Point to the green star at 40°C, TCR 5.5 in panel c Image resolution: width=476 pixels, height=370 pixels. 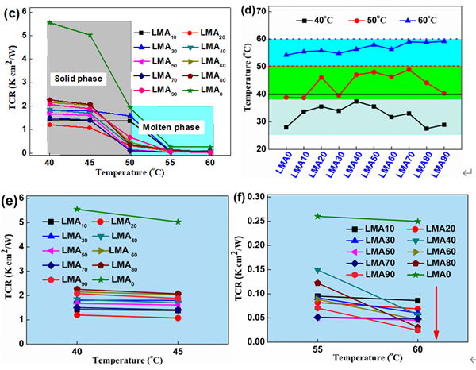coord(49,22)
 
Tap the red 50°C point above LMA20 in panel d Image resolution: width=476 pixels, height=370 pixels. coord(321,78)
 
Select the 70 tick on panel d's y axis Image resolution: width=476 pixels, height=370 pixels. coord(259,10)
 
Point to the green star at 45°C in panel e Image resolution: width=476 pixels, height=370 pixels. coord(178,222)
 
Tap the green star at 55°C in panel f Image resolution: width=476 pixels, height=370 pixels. coord(318,216)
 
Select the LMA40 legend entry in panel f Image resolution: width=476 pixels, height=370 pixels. coord(428,241)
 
